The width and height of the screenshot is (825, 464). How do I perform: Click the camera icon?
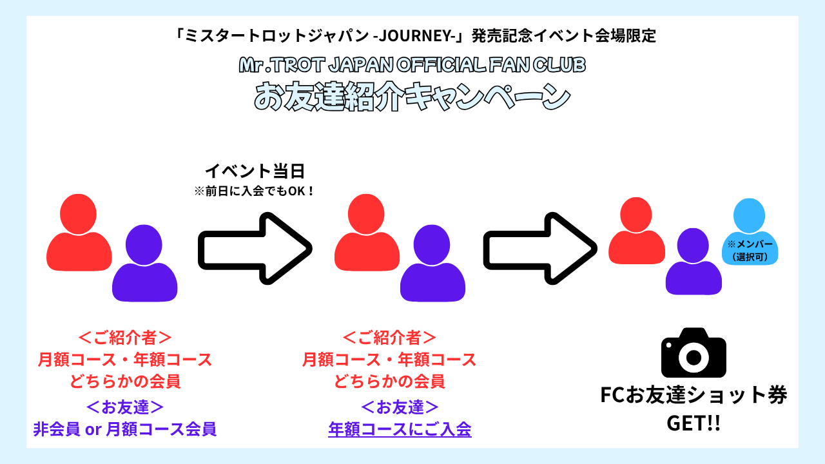(x=694, y=353)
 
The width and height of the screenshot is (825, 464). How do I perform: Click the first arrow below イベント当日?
(x=255, y=247)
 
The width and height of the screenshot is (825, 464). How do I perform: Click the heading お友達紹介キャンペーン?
(x=412, y=97)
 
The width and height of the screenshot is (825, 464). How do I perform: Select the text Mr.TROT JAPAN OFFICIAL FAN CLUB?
(x=412, y=65)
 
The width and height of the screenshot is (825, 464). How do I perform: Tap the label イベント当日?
(x=255, y=171)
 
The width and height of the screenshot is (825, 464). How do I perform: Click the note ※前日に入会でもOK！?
(x=255, y=191)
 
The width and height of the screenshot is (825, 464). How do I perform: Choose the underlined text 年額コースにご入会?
(x=400, y=429)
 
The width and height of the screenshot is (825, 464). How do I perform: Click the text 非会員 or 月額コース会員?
(x=124, y=429)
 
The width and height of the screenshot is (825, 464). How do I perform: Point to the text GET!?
(x=694, y=424)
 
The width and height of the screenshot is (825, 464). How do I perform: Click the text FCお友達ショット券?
(x=694, y=396)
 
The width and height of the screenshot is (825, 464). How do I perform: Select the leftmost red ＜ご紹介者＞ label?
(x=124, y=337)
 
